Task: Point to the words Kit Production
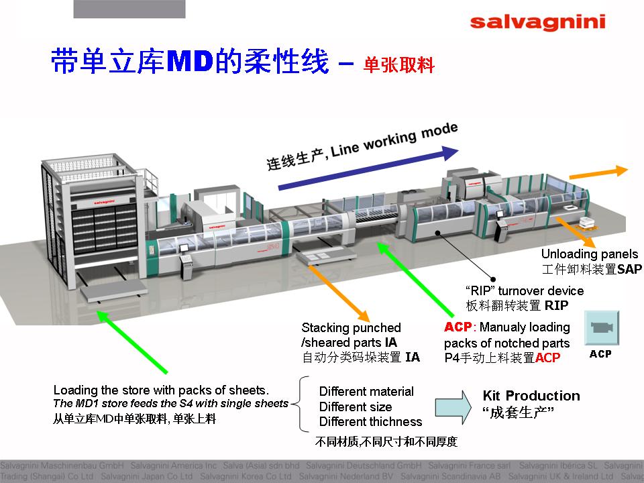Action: (x=531, y=396)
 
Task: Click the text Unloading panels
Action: (x=590, y=254)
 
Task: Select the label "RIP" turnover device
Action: (x=525, y=291)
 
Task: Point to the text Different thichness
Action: (x=370, y=422)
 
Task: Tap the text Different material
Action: (x=366, y=392)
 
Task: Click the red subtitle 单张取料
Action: (x=399, y=65)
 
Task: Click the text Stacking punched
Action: (x=351, y=328)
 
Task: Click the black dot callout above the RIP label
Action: (x=492, y=278)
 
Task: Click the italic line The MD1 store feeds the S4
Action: (x=170, y=404)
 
